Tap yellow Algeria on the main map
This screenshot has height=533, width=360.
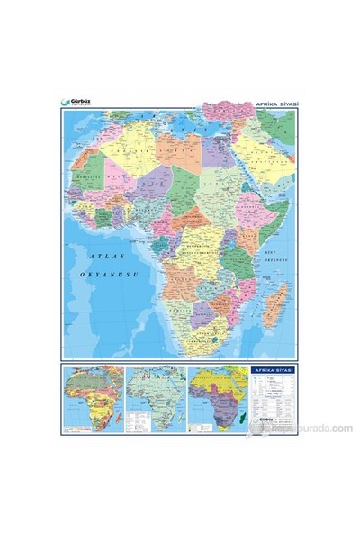coord(144,158)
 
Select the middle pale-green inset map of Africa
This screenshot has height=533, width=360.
coord(153,395)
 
